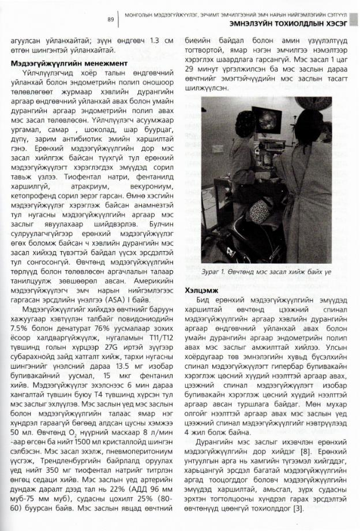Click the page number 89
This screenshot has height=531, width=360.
109,20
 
